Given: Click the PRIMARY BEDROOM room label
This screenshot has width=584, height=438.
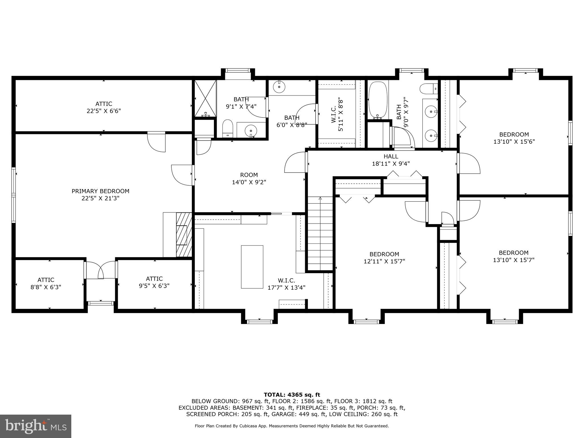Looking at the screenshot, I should tap(100, 195).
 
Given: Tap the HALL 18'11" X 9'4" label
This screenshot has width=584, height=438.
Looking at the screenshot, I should tap(391, 160).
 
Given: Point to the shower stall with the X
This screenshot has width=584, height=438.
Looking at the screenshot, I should tap(205, 98).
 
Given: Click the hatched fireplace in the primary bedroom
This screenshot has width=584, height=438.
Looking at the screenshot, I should tap(184, 234).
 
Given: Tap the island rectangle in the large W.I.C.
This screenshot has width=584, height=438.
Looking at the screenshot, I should tap(252, 267).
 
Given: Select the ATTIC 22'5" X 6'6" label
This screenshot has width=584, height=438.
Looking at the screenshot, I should tap(104, 108).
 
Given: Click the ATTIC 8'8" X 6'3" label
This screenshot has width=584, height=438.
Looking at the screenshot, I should tap(46, 283).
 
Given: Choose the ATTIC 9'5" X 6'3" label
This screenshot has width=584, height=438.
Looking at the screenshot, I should tap(154, 282).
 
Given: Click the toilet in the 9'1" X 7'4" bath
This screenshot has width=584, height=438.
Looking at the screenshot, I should tap(228, 129).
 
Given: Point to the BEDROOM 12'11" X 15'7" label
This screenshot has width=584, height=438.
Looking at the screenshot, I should tap(384, 257).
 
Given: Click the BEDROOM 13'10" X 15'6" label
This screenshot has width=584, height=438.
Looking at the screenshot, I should tap(514, 138).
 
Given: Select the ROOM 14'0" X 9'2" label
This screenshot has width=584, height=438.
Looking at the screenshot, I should tap(249, 179).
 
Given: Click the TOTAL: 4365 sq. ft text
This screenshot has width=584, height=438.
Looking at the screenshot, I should tap(292, 395).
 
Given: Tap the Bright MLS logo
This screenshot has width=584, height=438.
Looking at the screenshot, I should tap(36, 426).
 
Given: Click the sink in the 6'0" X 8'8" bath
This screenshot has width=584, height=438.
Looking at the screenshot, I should tap(279, 86).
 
